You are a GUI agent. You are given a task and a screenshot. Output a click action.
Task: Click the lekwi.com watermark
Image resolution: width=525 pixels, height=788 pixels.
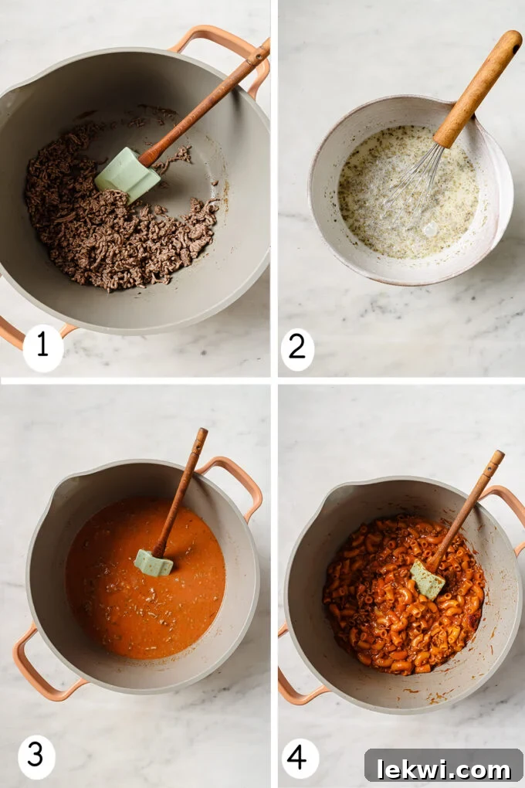(x=443, y=769)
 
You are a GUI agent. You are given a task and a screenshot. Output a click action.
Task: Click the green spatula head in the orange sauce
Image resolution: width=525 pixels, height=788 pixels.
(x=154, y=562)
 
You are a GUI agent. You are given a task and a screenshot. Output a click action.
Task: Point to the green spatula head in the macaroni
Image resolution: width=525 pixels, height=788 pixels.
(x=428, y=579)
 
